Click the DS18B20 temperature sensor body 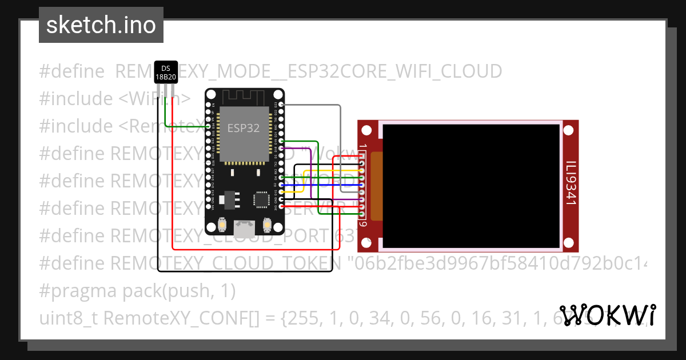(x=166, y=73)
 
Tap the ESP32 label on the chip (x=244, y=128)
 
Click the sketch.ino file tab (x=101, y=25)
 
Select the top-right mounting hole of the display (x=569, y=131)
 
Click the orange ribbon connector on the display (x=376, y=186)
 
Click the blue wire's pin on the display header (x=362, y=185)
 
